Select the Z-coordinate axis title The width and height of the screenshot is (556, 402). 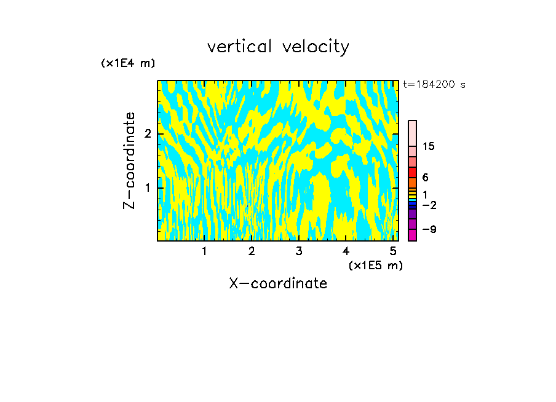129,160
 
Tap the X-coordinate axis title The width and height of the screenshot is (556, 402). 278,283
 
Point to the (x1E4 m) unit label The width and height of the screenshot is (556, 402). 128,63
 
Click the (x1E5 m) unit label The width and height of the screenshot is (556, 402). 375,265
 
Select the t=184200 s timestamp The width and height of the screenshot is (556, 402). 434,84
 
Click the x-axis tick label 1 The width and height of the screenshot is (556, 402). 204,251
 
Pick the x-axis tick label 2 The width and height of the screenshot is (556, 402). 252,251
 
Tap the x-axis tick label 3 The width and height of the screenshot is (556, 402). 298,251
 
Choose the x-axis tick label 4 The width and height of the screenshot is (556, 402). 346,251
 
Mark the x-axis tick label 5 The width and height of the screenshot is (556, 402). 392,251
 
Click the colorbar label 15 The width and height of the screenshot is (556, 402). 429,146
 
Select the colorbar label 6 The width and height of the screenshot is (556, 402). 425,178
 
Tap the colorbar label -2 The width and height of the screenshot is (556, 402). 429,205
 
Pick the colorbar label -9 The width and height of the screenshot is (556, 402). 429,229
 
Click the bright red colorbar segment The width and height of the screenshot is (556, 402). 412,172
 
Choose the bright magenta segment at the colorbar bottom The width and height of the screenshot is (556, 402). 412,235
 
